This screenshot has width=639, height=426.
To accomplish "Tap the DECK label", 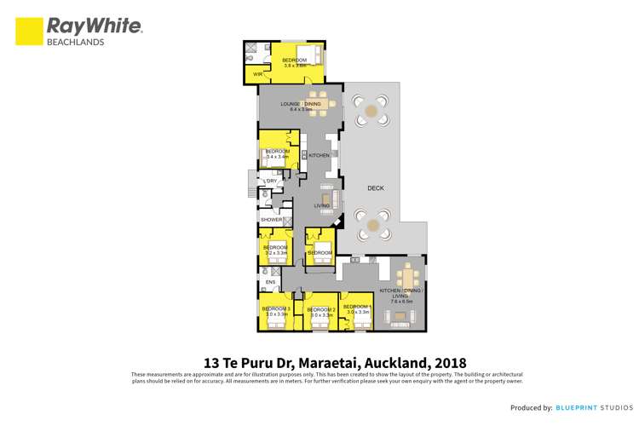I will point(376,187).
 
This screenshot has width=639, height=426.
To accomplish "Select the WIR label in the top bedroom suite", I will point(257,74).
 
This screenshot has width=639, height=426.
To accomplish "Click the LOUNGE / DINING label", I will point(301,104).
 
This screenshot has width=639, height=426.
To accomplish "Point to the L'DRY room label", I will point(271,181).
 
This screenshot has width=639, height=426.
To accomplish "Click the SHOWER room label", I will point(271,220).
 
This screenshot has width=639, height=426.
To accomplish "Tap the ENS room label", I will point(270,281).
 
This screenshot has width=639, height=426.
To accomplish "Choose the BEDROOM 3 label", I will point(276,308).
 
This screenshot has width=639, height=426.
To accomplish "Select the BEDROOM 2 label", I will point(321,309).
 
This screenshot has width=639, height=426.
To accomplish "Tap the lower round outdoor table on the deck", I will point(371,226).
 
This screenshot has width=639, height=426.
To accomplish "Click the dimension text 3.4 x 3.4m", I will point(278,157).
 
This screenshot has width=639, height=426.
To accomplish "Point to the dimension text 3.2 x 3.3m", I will point(275,253).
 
